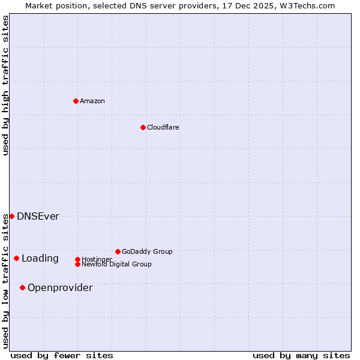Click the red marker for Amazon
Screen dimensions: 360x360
(76, 101)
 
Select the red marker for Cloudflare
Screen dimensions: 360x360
(143, 127)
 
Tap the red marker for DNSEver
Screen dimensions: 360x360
(11, 216)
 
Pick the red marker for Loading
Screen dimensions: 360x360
(16, 258)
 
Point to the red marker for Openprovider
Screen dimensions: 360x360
(22, 287)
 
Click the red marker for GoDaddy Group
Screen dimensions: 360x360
(118, 251)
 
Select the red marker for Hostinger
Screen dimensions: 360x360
(77, 259)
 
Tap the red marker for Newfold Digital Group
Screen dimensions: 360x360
(77, 264)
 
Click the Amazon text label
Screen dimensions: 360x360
(92, 101)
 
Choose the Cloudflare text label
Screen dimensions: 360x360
(163, 127)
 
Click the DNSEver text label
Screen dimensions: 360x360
(38, 216)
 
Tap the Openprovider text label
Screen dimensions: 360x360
(60, 287)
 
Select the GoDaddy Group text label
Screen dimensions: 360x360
(147, 251)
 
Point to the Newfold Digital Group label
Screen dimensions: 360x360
(116, 264)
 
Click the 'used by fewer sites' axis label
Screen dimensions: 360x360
(62, 356)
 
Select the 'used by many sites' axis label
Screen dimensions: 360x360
(301, 356)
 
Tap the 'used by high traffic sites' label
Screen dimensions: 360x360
(5, 85)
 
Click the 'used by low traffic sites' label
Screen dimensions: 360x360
(5, 280)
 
